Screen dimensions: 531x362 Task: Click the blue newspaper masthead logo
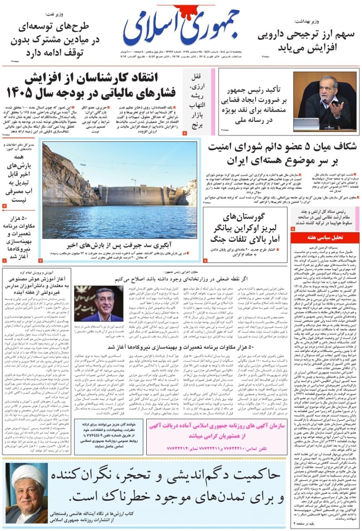point(181,27)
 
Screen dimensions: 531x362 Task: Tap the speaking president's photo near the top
point(325,101)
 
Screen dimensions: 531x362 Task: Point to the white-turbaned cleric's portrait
point(26,493)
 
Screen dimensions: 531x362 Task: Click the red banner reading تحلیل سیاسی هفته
point(325,238)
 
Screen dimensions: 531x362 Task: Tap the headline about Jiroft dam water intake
point(120,244)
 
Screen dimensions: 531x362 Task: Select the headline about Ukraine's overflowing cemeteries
point(245,228)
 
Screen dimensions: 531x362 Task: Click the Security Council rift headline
point(282,153)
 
